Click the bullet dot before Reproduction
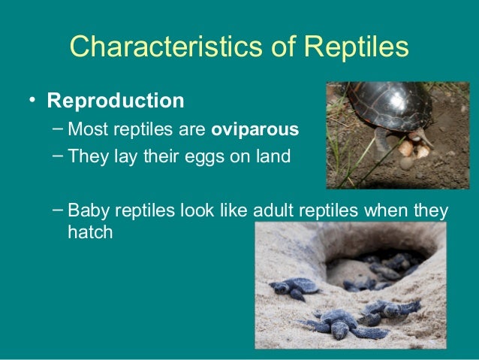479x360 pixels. [33, 101]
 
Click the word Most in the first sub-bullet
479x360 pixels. [85, 129]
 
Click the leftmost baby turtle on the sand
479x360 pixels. [294, 286]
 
